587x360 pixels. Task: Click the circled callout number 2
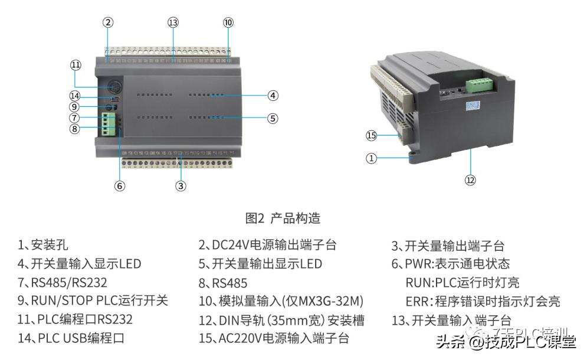click(x=107, y=22)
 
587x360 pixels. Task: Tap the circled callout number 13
click(x=173, y=22)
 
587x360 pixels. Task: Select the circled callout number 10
click(x=228, y=22)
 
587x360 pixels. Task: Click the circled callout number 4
click(x=272, y=95)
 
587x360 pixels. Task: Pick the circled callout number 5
click(x=272, y=118)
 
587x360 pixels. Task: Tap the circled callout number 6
click(x=120, y=185)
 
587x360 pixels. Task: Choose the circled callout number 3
click(x=181, y=185)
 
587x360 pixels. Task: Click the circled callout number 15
click(x=371, y=136)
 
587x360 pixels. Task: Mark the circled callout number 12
click(x=470, y=181)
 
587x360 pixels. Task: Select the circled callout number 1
click(x=371, y=158)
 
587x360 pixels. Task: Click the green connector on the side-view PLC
click(x=478, y=84)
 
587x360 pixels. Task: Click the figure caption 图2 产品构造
click(x=283, y=218)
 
